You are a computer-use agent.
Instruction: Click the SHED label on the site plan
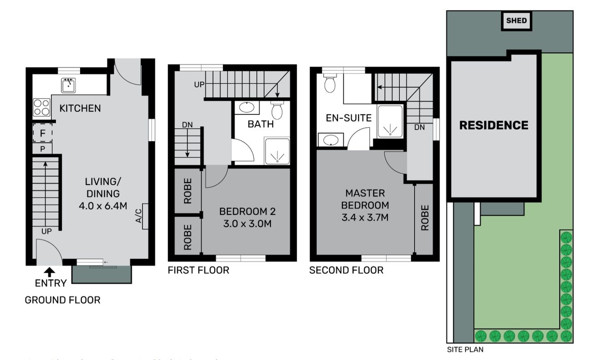(517, 21)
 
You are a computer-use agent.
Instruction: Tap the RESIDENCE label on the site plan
(493, 125)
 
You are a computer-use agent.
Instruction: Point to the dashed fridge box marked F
(43, 134)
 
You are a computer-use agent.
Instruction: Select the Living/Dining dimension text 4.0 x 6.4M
(102, 206)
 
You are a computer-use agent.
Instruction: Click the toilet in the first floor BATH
(277, 110)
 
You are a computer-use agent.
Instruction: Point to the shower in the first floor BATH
(276, 151)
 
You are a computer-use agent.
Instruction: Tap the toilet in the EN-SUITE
(330, 83)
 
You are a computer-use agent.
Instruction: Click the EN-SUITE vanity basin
(331, 140)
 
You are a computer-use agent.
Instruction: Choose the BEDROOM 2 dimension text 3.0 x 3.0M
(247, 224)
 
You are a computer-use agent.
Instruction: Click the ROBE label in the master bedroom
(425, 218)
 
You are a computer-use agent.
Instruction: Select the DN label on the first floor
(187, 124)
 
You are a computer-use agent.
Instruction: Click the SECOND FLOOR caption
(346, 270)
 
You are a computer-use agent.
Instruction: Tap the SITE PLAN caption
(465, 350)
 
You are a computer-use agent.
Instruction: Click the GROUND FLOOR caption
(62, 300)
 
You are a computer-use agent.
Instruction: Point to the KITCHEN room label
(80, 108)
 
